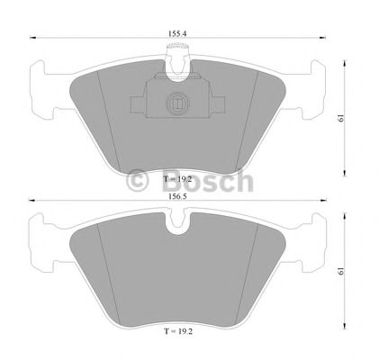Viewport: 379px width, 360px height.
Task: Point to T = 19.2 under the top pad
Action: pos(179,180)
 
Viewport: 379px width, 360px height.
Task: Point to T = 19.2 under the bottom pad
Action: pos(179,332)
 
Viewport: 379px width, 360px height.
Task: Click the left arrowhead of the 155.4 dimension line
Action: pos(33,39)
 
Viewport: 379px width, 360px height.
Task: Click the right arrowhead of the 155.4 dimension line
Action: pos(325,39)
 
